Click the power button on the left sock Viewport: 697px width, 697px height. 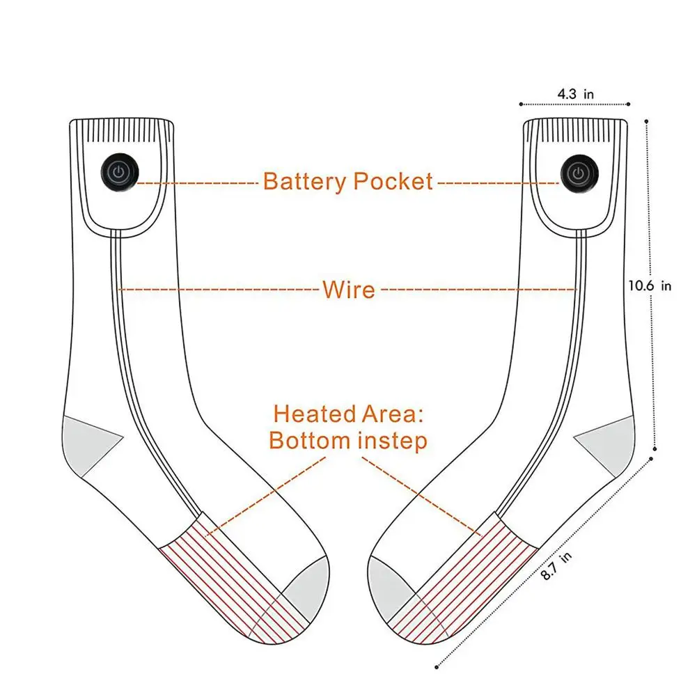click(119, 171)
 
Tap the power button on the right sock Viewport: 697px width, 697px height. click(577, 171)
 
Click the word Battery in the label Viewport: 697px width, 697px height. click(304, 182)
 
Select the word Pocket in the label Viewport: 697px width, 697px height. click(393, 182)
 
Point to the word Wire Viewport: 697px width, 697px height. click(348, 289)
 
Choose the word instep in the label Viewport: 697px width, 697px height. click(393, 441)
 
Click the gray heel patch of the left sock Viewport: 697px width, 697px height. click(88, 442)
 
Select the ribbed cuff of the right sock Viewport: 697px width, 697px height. click(575, 130)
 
